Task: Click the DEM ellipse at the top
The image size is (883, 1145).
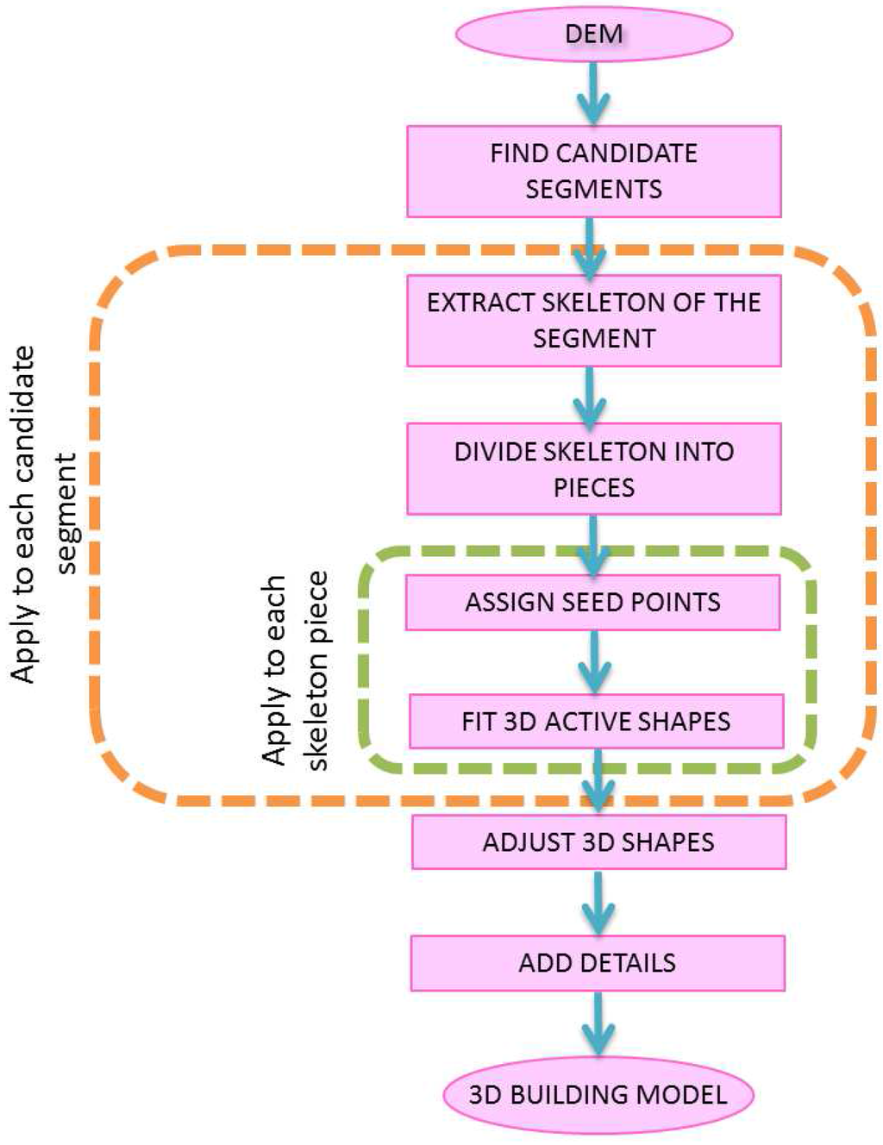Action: pos(593,34)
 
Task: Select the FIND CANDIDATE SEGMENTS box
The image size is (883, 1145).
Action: pos(593,171)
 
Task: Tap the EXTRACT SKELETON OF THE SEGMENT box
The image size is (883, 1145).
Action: pos(593,320)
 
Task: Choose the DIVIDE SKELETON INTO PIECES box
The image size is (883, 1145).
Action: pos(593,468)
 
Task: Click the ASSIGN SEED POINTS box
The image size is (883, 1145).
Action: pos(592,602)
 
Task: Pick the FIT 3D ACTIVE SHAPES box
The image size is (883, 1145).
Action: pos(596,721)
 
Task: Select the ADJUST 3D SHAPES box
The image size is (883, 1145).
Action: pos(598,842)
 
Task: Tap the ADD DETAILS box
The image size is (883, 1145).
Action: pos(598,962)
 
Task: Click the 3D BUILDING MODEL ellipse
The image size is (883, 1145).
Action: pos(598,1095)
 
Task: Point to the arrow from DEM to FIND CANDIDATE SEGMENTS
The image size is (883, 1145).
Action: pos(593,93)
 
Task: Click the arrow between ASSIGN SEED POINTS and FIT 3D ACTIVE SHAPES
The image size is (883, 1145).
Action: pos(594,662)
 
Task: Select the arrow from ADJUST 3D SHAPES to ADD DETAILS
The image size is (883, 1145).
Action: pos(598,902)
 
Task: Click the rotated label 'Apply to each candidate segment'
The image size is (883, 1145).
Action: pos(43,514)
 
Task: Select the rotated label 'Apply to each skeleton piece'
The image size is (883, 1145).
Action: pos(295,671)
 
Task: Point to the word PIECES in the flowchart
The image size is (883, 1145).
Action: pos(593,487)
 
